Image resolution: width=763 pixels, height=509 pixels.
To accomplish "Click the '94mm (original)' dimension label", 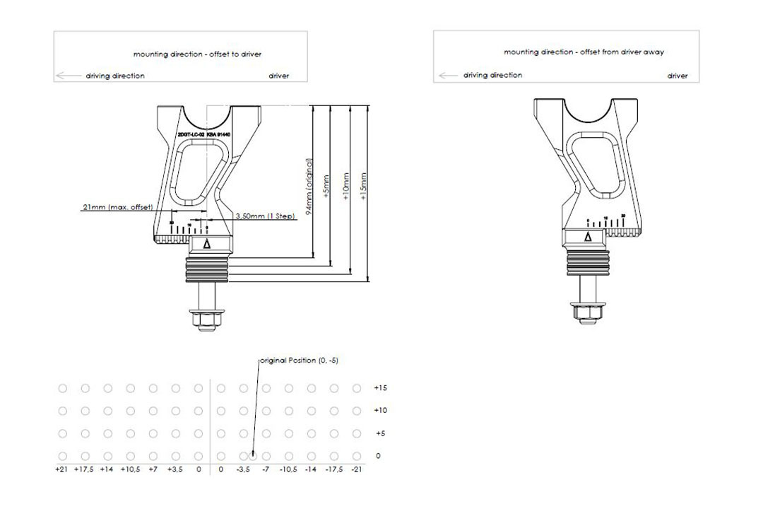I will tap(309, 185).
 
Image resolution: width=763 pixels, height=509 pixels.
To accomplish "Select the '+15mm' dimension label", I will tap(364, 187).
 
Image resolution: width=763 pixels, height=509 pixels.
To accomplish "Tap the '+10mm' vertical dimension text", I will tap(345, 187).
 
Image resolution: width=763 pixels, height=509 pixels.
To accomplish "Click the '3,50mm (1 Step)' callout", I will tap(265, 216).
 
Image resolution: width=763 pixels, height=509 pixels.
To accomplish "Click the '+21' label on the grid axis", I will tap(62, 469).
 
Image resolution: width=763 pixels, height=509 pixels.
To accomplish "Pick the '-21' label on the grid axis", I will tap(356, 469).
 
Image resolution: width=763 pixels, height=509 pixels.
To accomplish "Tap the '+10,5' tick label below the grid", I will tap(130, 469).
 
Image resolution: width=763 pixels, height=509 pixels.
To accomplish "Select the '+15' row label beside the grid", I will tap(380, 388).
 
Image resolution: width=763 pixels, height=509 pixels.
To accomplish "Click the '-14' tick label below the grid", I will tap(311, 469).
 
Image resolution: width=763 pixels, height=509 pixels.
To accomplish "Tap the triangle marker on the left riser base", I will tap(207, 245).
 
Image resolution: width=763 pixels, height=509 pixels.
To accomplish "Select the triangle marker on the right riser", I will tap(588, 238).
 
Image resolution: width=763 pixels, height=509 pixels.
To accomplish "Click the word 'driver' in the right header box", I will tap(678, 76).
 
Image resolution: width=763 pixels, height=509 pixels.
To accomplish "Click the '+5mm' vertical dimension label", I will tap(326, 187).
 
